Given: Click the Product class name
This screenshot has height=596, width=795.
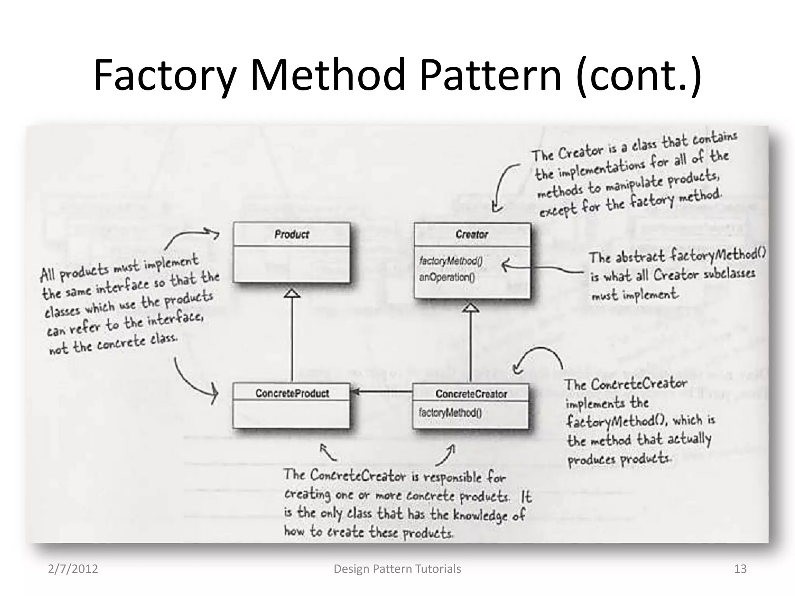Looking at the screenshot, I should pyautogui.click(x=292, y=234).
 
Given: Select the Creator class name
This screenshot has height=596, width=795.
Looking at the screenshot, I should pyautogui.click(x=472, y=234).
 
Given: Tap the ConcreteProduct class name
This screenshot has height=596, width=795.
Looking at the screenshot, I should pyautogui.click(x=292, y=393).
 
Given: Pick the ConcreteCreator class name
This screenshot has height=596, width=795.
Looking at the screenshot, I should pyautogui.click(x=471, y=394).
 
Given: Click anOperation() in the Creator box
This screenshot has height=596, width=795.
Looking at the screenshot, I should pyautogui.click(x=446, y=277).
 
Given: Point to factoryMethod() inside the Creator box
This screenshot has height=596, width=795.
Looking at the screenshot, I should pyautogui.click(x=451, y=261).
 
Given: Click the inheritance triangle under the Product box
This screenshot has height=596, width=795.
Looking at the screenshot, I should pyautogui.click(x=292, y=293).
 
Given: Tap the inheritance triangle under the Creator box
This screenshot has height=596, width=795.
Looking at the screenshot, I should pyautogui.click(x=471, y=308).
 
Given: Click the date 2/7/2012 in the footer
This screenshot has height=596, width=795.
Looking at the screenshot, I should pyautogui.click(x=73, y=569).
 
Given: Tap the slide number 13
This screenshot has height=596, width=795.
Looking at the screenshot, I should pyautogui.click(x=740, y=569).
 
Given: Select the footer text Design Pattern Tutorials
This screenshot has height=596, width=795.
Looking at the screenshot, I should pyautogui.click(x=397, y=569).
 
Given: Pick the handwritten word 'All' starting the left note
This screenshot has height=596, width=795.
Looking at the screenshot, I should pyautogui.click(x=47, y=275).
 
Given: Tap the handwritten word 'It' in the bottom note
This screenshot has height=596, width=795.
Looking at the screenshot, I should pyautogui.click(x=526, y=497).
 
